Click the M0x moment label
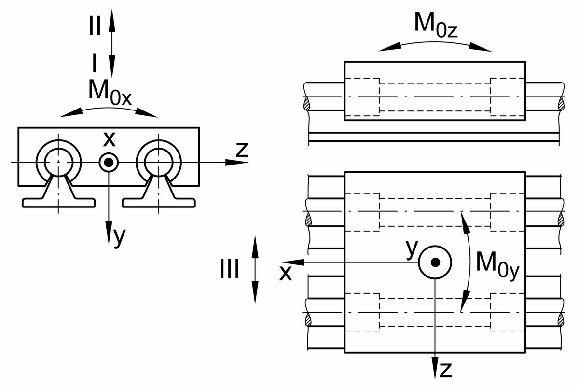[x=110, y=93]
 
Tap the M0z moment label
[x=436, y=25]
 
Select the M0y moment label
[x=497, y=266]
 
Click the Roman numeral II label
[x=95, y=26]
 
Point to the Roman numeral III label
[x=229, y=269]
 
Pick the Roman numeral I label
[x=95, y=63]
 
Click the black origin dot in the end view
[x=109, y=163]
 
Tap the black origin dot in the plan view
[x=435, y=262]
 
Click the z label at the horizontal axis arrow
[x=242, y=150]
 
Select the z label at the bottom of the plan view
[x=446, y=370]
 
